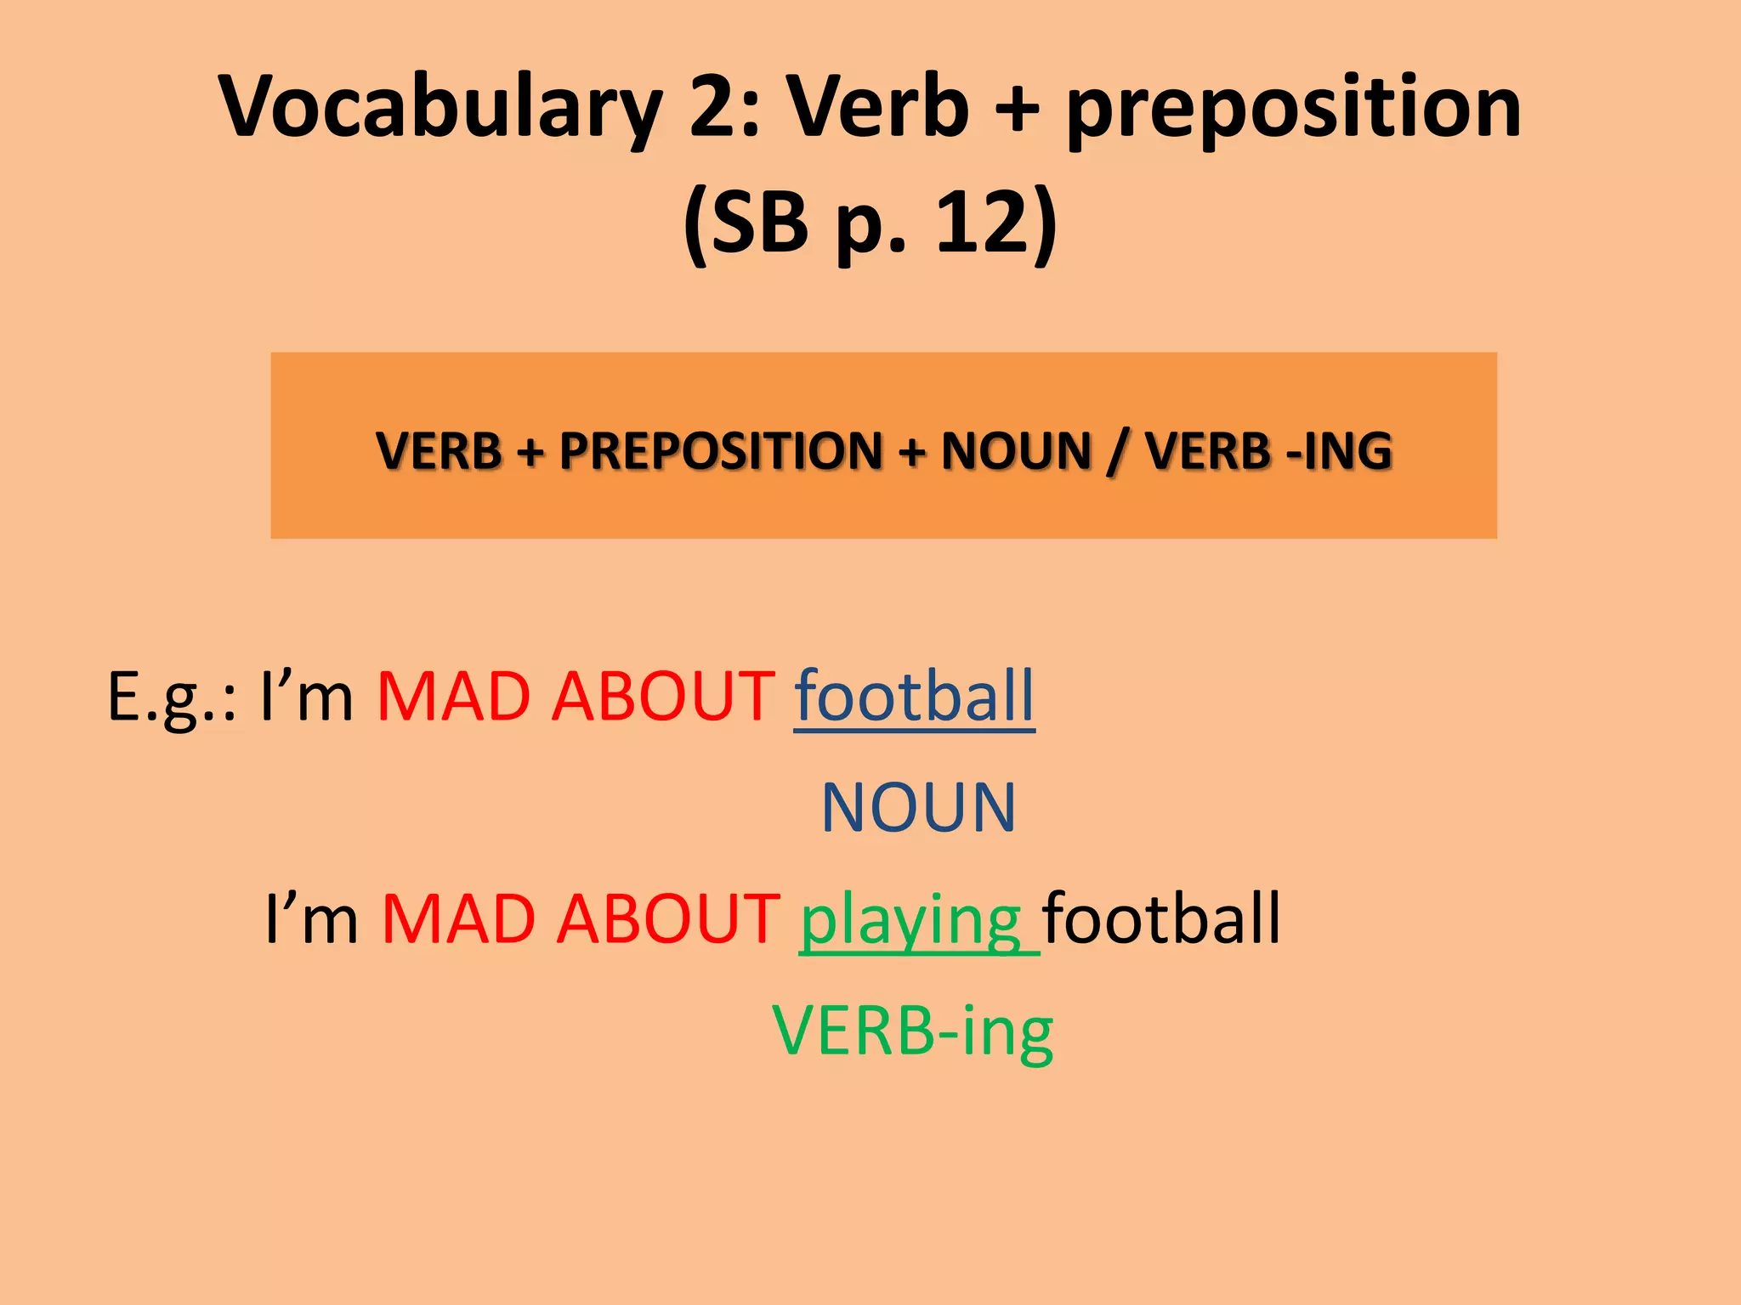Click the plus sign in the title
coord(1017,109)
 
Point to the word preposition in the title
coord(1293,109)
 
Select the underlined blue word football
coord(914,697)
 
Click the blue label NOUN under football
coord(918,807)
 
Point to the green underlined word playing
coord(911,920)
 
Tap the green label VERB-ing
coord(913,1031)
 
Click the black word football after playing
coord(1161,918)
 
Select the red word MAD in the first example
coord(454,697)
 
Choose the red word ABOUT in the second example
coord(668,918)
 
